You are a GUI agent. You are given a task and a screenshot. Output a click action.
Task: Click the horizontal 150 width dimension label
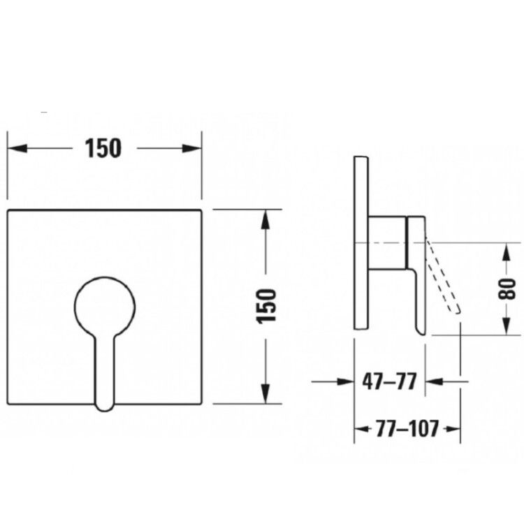(103, 148)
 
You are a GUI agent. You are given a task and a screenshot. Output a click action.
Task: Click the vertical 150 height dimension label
(266, 306)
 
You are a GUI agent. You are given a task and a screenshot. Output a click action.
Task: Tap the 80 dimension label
(507, 288)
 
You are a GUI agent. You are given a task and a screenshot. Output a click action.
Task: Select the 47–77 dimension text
(390, 381)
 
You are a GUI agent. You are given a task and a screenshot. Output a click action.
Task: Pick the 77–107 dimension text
(407, 429)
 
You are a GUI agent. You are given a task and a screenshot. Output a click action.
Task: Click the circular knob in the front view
(105, 306)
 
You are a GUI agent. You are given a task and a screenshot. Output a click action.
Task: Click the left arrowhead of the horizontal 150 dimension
(17, 148)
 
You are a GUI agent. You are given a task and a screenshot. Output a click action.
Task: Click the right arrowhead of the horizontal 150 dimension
(192, 148)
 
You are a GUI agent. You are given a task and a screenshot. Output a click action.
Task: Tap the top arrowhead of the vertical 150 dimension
(265, 219)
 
